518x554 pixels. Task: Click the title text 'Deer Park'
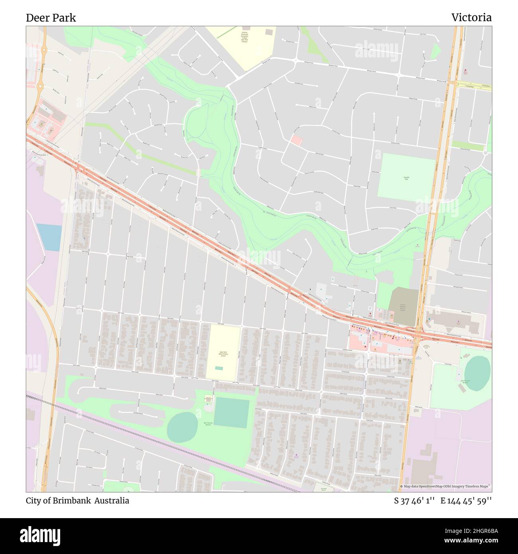[51, 18]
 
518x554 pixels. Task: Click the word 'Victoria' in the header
[471, 18]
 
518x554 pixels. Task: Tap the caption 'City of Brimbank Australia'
[77, 501]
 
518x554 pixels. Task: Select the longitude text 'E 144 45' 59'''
[466, 501]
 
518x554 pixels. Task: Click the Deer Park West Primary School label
[223, 354]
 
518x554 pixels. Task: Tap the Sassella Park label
[406, 178]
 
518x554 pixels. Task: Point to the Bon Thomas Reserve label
[208, 424]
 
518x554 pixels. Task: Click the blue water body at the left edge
[49, 237]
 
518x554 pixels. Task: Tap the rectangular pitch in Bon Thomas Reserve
[232, 413]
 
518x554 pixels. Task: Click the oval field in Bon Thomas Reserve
[182, 427]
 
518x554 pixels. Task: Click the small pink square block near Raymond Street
[296, 140]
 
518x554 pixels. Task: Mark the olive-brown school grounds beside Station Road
[403, 306]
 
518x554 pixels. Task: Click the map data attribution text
[445, 486]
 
